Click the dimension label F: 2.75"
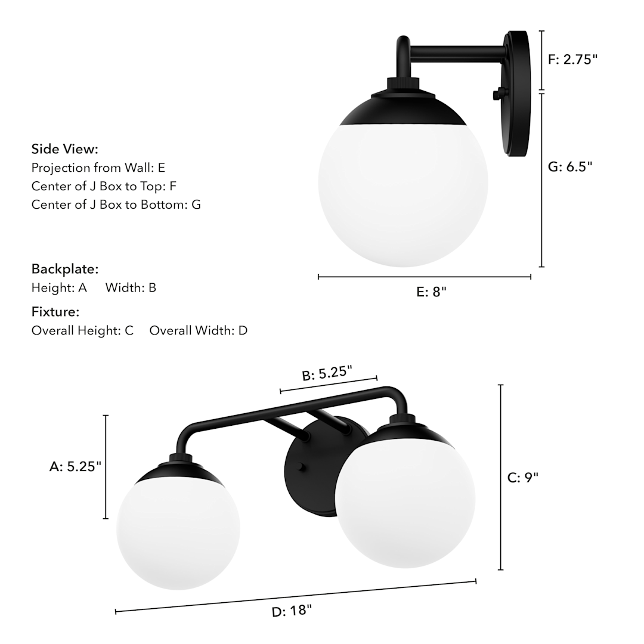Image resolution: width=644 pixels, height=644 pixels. point(572,59)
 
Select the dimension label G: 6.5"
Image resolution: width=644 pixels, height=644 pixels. point(570,167)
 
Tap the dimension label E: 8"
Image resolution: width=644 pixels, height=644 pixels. point(431,292)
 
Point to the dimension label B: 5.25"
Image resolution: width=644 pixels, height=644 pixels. point(327,373)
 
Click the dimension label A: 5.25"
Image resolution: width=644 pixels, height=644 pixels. point(76,467)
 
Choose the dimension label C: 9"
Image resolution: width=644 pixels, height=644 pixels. point(523,478)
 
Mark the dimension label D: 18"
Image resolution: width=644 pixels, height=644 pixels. point(292,612)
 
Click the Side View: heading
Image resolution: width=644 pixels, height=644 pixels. point(65,149)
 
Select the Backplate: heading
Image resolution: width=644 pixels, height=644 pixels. point(65,269)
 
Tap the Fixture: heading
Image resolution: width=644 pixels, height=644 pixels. point(55,312)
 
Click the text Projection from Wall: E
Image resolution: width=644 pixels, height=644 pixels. point(98,168)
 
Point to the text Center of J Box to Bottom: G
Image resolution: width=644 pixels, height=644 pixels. point(116,205)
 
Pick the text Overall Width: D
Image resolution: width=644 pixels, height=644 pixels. point(198,330)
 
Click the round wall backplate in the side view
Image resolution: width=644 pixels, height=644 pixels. point(517,95)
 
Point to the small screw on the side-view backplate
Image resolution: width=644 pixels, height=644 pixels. point(497,94)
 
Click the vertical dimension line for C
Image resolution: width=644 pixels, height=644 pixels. point(501,477)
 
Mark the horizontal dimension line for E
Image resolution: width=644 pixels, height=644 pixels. point(425,277)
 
